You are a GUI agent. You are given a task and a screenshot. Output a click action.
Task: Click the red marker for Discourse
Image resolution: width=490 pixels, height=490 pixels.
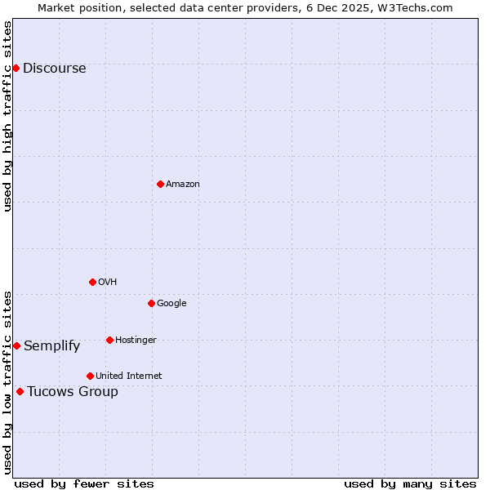[16, 68]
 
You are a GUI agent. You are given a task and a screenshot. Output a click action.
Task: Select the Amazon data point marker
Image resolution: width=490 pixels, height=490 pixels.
[160, 184]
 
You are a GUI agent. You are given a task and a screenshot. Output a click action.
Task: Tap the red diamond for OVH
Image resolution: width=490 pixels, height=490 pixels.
[92, 282]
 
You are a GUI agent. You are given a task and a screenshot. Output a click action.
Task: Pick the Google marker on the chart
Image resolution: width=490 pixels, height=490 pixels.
[151, 303]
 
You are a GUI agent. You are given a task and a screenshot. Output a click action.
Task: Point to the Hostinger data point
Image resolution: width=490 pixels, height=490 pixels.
[109, 340]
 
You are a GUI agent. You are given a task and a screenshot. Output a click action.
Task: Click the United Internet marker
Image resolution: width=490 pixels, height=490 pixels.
[90, 376]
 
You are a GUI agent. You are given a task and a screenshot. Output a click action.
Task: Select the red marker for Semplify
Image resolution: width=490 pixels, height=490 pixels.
[16, 345]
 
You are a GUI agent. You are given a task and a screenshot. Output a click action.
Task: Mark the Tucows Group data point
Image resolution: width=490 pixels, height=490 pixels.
[20, 391]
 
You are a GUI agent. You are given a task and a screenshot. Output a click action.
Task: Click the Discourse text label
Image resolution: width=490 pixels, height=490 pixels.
[55, 69]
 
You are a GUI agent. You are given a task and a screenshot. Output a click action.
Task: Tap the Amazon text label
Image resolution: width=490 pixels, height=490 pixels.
[183, 185]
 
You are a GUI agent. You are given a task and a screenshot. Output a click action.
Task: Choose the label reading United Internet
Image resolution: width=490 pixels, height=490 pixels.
[129, 376]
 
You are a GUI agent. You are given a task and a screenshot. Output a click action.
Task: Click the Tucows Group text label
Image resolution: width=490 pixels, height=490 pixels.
[73, 392]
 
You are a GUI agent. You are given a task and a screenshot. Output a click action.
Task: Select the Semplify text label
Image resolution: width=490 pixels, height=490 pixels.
[52, 346]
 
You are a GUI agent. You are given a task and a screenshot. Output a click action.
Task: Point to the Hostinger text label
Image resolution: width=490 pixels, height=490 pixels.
[136, 341]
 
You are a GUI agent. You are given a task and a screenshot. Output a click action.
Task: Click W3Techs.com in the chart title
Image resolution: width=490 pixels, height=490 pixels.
[420, 7]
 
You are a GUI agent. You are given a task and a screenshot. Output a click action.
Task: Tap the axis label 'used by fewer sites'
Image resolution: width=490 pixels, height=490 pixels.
[84, 483]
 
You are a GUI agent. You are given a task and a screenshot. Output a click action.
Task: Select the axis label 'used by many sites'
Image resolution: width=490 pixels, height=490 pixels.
[410, 483]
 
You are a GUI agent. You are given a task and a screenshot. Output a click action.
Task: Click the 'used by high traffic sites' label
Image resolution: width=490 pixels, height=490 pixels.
[8, 116]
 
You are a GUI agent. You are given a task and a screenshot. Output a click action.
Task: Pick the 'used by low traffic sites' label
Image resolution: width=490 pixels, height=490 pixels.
[8, 382]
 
